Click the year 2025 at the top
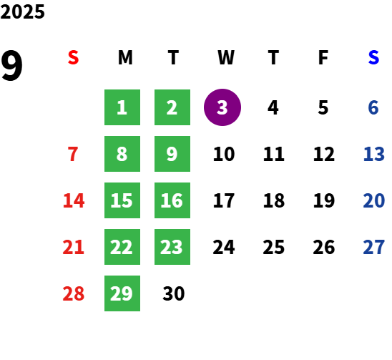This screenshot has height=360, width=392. pos(22,11)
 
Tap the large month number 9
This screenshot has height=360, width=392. pos(11,65)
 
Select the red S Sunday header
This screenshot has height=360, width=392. pos(73,57)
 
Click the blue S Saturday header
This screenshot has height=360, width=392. pos(373,57)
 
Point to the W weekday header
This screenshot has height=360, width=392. pos(226,57)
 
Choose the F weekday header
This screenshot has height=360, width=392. pos(323,57)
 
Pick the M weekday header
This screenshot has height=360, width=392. pos(125,57)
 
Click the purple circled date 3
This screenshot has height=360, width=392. pos(222,107)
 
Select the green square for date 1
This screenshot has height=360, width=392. pos(122,107)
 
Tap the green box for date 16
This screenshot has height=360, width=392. pos(172,200)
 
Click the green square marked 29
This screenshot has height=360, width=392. pos(122,293)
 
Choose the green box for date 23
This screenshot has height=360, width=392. pos(172,247)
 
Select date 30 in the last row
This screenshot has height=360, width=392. pos(174,293)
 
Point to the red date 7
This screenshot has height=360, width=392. pos(73,154)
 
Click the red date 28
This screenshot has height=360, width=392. pos(74,293)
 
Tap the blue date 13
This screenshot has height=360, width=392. pos(373,154)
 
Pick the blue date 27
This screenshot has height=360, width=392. pos(373,247)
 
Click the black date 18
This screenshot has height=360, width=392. pos(274,200)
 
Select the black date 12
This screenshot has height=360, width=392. pos(324,154)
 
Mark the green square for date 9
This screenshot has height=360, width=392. pos(172,154)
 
